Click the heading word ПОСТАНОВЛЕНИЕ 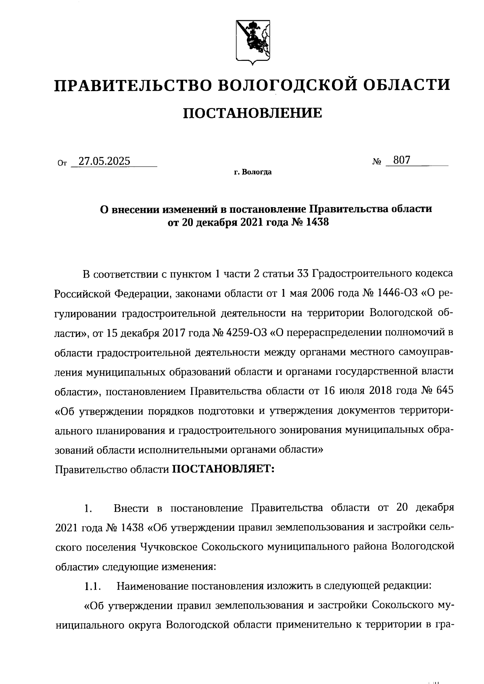(x=252, y=113)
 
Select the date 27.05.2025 (x=104, y=162)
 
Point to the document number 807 (x=402, y=160)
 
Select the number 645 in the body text (x=444, y=391)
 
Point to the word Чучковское (x=169, y=547)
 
